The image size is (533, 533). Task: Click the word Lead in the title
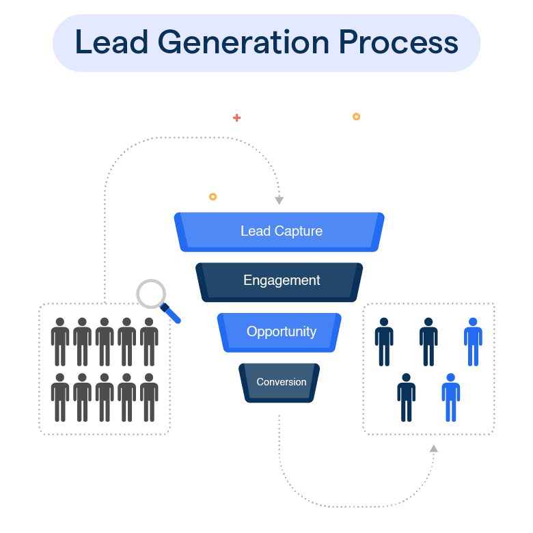[111, 42]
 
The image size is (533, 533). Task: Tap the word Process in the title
[398, 42]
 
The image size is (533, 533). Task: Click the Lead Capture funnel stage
[280, 231]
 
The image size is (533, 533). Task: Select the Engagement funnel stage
[281, 281]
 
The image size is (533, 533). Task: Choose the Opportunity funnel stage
[281, 331]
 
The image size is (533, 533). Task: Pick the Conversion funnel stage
[281, 382]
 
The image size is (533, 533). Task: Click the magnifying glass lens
[152, 294]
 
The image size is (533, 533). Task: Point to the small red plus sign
[236, 118]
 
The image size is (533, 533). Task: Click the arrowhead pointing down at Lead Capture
[279, 200]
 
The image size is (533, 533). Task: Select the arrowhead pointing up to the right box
[433, 448]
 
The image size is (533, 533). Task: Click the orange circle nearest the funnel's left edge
[213, 197]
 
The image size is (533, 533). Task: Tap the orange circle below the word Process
[356, 117]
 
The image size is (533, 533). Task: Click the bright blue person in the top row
[473, 341]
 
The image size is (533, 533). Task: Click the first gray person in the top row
[60, 341]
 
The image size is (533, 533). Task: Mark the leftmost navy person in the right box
[384, 341]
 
